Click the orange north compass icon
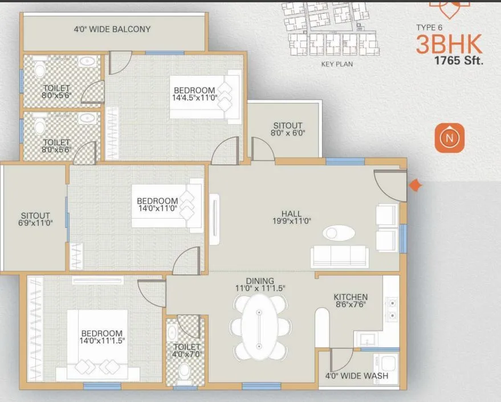coord(450,138)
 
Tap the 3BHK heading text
coord(449,44)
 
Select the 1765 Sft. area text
coord(458,61)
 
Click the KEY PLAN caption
coord(337,64)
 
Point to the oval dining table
coord(260,329)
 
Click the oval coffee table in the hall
coord(339,233)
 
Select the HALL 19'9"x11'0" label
coord(291,218)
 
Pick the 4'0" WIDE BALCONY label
coord(112,29)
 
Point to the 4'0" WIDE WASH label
coord(357,376)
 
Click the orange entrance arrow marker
coord(416,185)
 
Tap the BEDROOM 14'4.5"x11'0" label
coord(194,94)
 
